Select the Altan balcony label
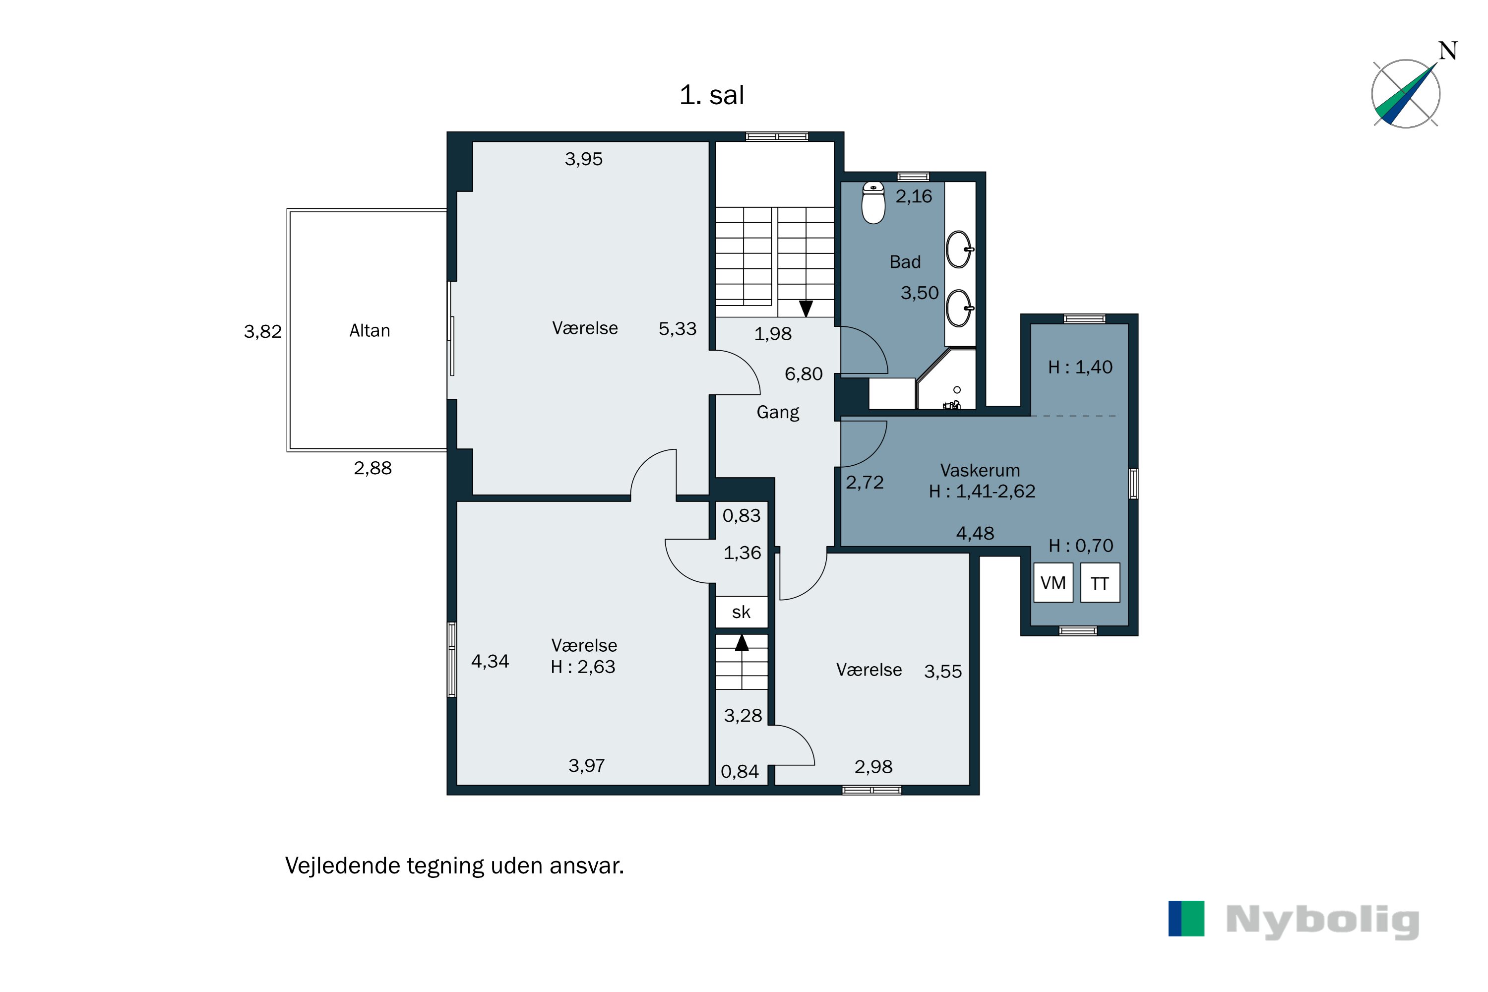[370, 330]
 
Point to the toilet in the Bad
[873, 202]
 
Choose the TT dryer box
[1100, 583]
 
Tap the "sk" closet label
[741, 612]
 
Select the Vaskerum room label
[980, 470]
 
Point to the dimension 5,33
[677, 329]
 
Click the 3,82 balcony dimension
[262, 331]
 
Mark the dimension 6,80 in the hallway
[804, 374]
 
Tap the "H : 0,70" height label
[1081, 545]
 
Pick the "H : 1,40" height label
[1080, 367]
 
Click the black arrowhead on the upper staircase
[806, 309]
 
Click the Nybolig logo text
[1322, 921]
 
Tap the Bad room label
[905, 262]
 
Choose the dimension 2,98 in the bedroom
[873, 767]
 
